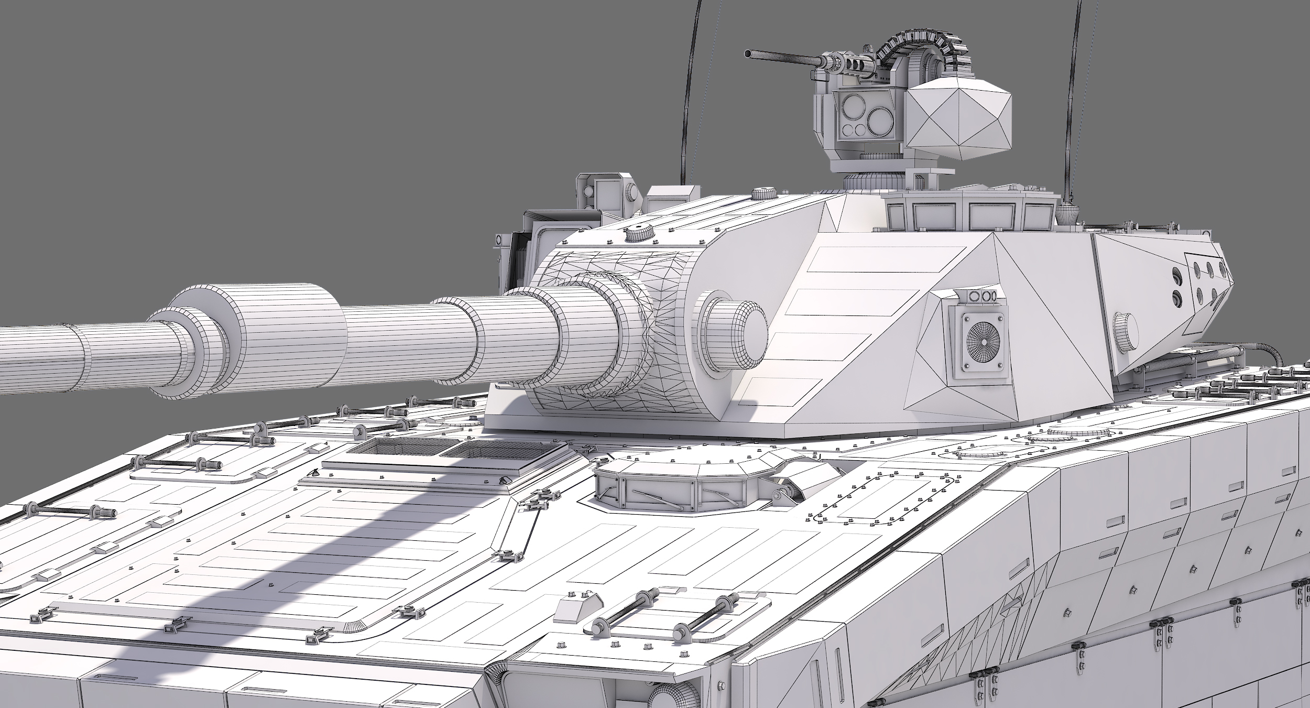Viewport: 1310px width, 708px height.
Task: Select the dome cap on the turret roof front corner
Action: tap(639, 233)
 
